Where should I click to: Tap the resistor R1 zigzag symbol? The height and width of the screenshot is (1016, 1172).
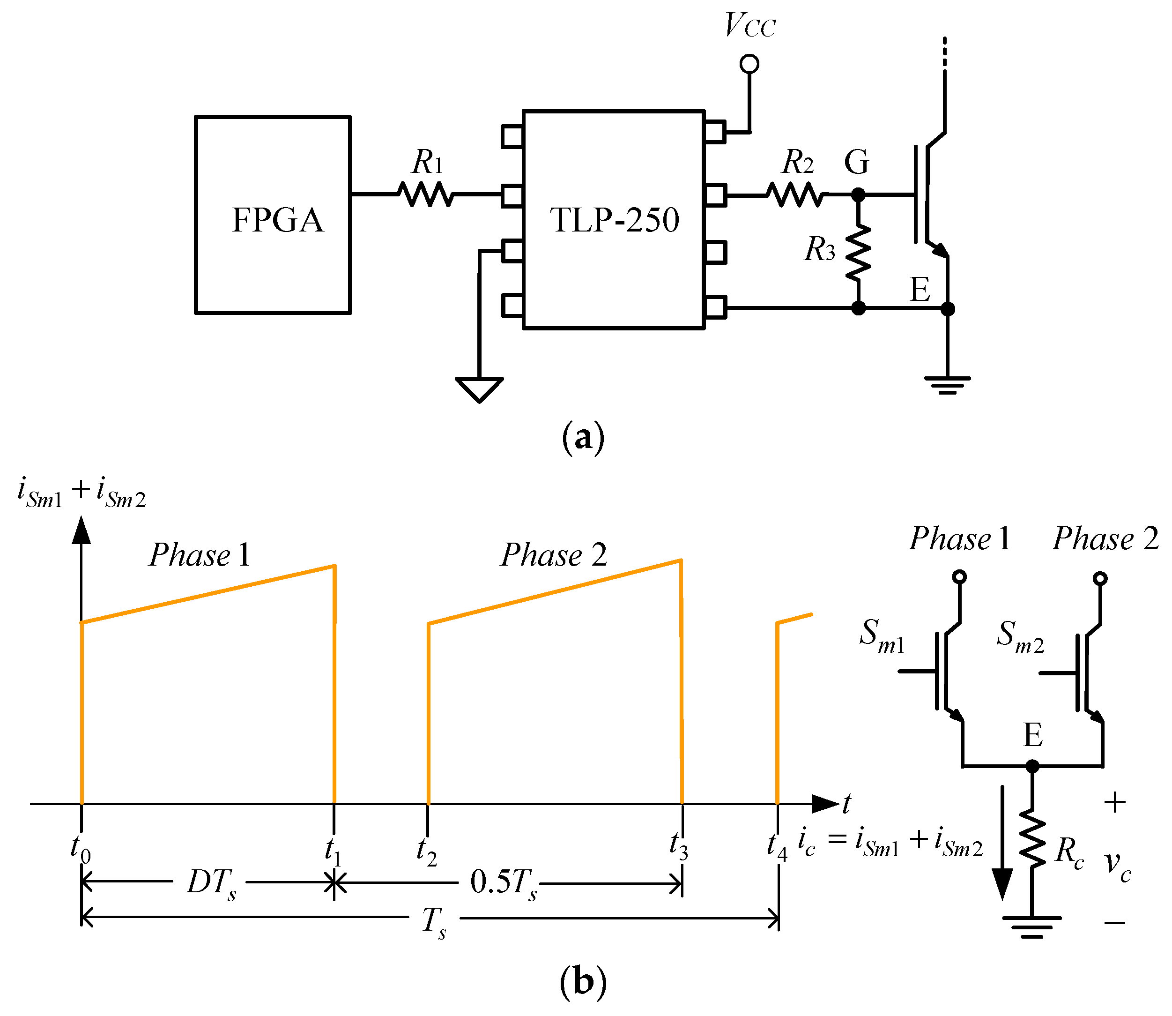coord(426,194)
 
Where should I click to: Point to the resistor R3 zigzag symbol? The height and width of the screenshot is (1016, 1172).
coord(859,252)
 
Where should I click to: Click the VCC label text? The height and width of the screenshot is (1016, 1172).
coord(750,25)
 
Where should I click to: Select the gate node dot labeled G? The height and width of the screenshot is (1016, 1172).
coord(859,195)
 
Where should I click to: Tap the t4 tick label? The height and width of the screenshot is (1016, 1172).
coord(778,846)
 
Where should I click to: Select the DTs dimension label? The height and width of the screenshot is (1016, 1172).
coord(211,884)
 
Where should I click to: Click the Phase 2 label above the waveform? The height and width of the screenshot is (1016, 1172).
coord(554,554)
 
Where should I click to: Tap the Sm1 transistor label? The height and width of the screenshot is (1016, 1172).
coord(882,635)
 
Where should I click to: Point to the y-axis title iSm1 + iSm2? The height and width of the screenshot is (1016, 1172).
coord(82,493)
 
